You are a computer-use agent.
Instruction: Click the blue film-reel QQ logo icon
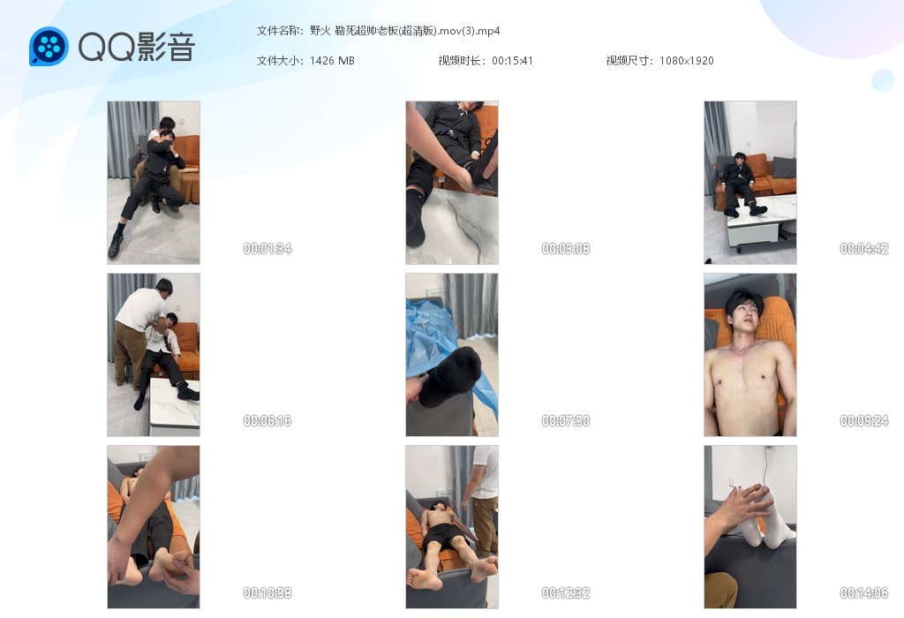pyautogui.click(x=49, y=46)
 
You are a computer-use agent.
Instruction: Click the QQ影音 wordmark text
pyautogui.click(x=137, y=47)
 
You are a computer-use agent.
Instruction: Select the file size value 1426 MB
pyautogui.click(x=332, y=61)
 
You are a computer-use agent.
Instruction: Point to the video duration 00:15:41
pyautogui.click(x=513, y=61)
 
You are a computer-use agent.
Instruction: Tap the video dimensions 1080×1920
pyautogui.click(x=686, y=61)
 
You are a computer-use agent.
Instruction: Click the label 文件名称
pyautogui.click(x=276, y=31)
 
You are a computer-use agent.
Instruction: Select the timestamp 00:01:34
pyautogui.click(x=267, y=248)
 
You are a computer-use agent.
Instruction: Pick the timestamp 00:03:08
pyautogui.click(x=566, y=248)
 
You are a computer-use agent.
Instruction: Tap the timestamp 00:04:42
pyautogui.click(x=864, y=248)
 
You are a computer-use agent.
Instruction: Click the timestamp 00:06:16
pyautogui.click(x=267, y=421)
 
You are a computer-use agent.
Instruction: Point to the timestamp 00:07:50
pyautogui.click(x=566, y=421)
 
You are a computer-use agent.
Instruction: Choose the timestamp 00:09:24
pyautogui.click(x=864, y=421)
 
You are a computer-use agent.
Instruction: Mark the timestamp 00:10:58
pyautogui.click(x=267, y=592)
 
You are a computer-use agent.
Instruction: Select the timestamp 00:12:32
pyautogui.click(x=566, y=592)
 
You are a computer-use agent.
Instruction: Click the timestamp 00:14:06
pyautogui.click(x=864, y=592)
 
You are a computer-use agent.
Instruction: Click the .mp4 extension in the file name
pyautogui.click(x=488, y=31)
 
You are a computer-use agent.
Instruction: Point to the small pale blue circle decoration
pyautogui.click(x=883, y=80)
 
